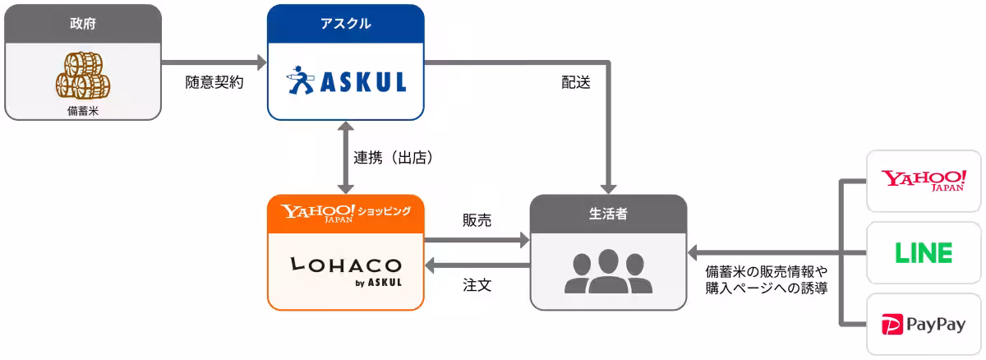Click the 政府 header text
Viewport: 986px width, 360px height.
tap(82, 23)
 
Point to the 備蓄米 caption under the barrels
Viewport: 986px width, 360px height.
tap(82, 110)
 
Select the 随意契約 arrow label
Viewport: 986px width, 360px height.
tap(214, 82)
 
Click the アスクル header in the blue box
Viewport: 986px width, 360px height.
tap(345, 23)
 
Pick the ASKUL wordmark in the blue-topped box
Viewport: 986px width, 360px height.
tap(362, 83)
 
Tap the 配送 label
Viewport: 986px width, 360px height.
tap(576, 82)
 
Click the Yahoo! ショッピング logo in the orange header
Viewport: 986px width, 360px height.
tap(345, 212)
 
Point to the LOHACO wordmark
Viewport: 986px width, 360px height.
tap(345, 265)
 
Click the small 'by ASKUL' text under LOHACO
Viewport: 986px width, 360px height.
tap(379, 284)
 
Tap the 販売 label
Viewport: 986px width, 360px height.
tap(477, 220)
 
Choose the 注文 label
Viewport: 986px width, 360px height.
tap(477, 285)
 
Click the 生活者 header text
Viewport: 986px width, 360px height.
tap(608, 213)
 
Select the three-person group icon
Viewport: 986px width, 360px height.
tap(608, 271)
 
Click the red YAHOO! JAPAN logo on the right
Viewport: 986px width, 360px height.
tap(924, 180)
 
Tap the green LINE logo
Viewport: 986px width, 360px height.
tap(924, 252)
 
